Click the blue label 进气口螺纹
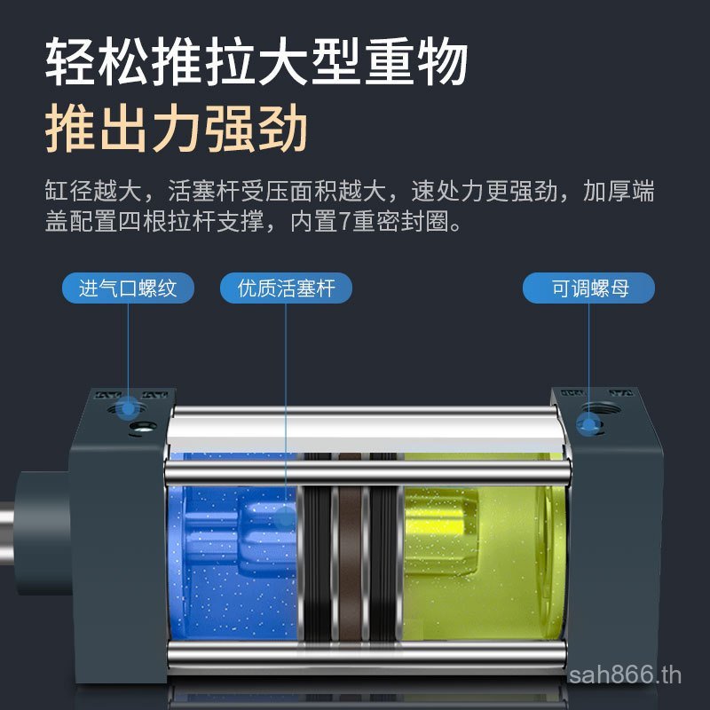pos(128,288)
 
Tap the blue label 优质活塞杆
pos(286,288)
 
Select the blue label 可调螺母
pos(588,288)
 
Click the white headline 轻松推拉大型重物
pos(256,61)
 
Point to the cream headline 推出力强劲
pos(177,128)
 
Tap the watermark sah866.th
pos(625,675)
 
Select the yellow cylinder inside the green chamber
pos(441,533)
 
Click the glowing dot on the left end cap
pos(128,407)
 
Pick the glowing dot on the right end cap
pos(588,426)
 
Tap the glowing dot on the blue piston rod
pos(286,517)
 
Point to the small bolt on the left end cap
pos(143,426)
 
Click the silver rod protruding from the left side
pos(7,532)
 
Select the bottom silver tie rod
pos(367,655)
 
